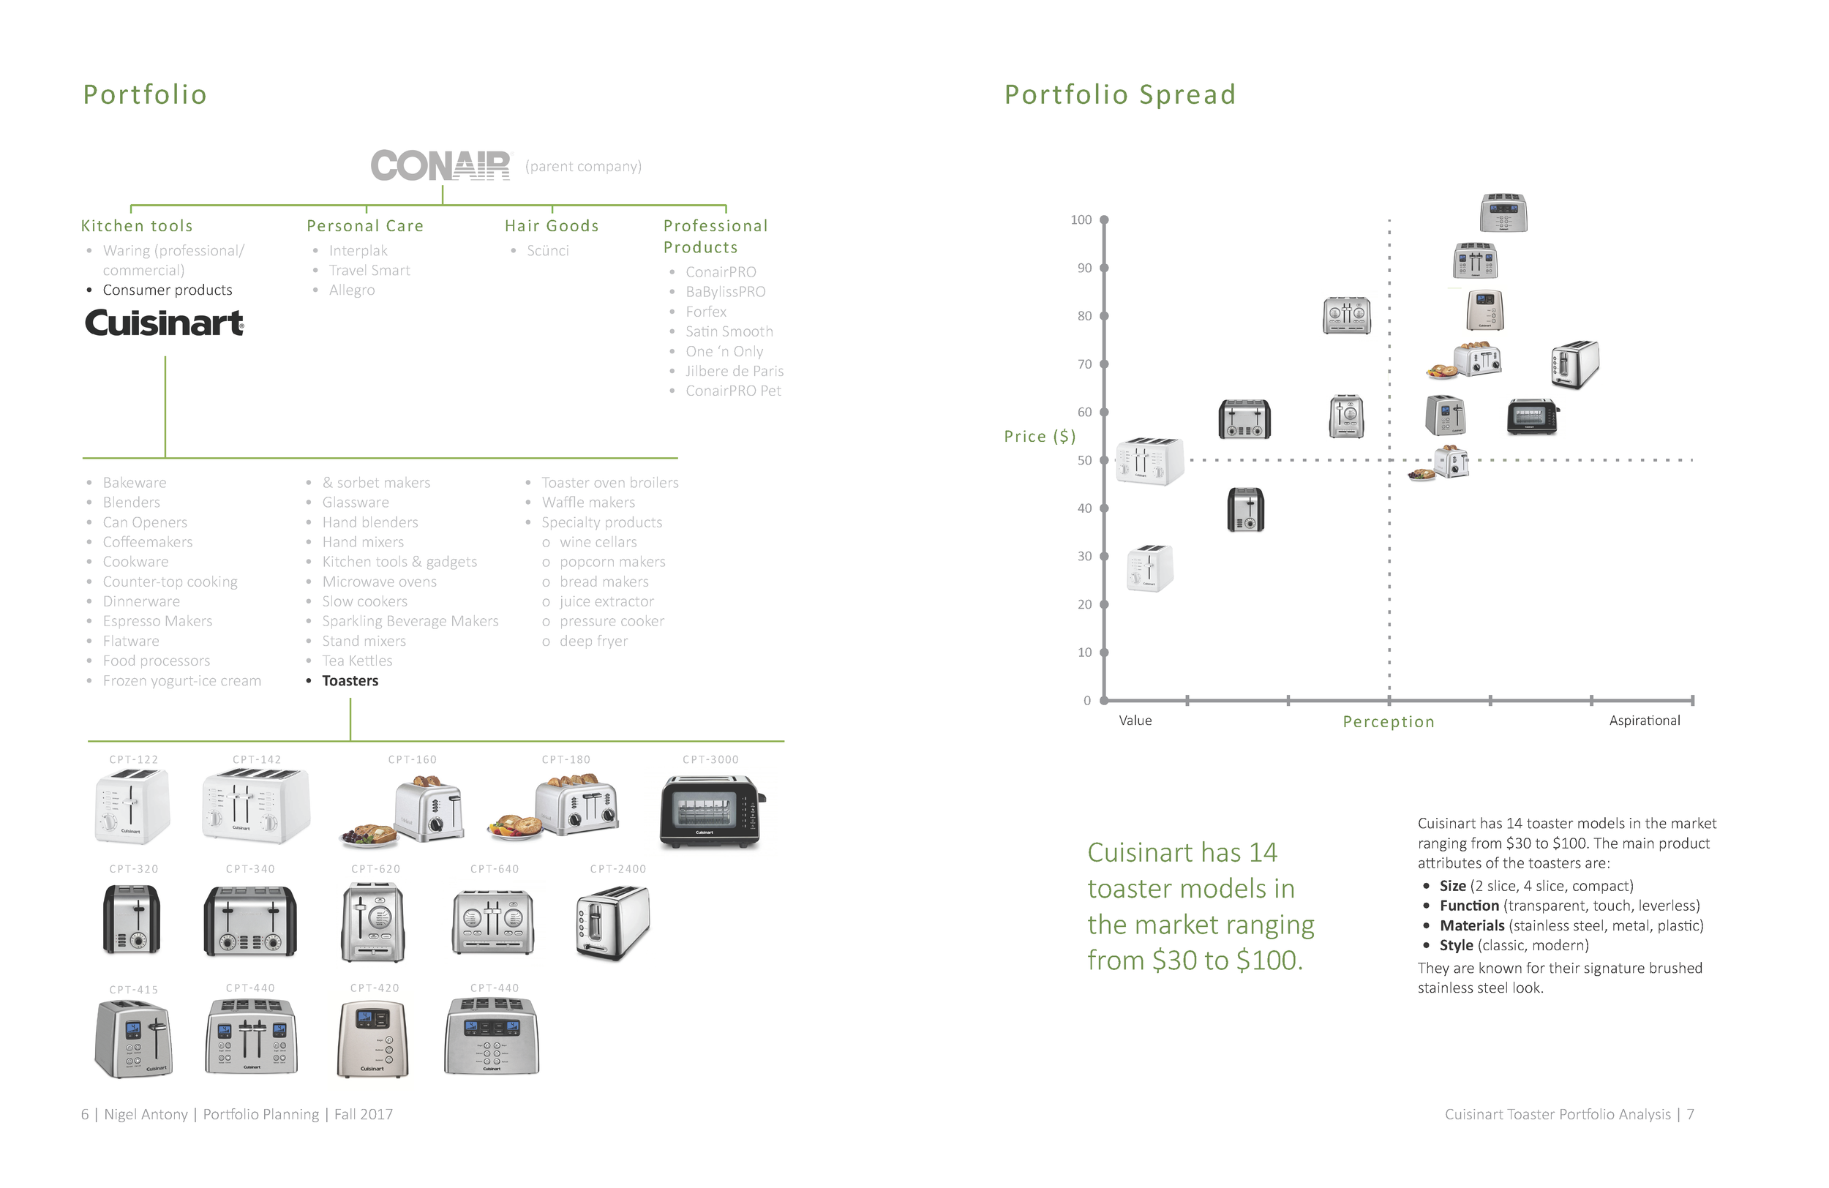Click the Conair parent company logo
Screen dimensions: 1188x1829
click(440, 165)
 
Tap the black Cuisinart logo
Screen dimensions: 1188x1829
click(164, 323)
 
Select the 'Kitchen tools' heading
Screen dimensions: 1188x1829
click(137, 226)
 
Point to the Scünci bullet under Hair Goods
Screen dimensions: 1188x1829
click(547, 250)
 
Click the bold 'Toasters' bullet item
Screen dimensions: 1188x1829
click(350, 681)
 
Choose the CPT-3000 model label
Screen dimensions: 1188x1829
click(710, 759)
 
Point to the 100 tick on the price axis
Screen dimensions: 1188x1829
click(1081, 219)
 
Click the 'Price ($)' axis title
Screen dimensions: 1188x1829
click(1039, 437)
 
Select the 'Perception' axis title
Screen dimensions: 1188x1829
click(1388, 721)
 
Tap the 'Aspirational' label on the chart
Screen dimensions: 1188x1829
click(1644, 720)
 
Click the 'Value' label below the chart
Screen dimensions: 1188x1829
click(1134, 720)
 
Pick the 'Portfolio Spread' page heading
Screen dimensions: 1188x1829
click(1119, 94)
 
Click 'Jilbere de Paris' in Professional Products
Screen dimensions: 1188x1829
click(734, 371)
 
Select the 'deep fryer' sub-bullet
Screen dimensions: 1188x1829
click(593, 641)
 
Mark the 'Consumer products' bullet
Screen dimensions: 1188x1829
click(167, 290)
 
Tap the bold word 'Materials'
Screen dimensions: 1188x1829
click(1471, 925)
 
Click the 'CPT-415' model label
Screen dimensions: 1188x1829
click(133, 990)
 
